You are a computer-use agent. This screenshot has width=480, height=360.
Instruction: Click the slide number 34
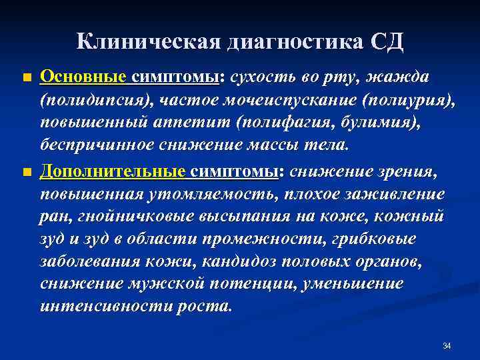(x=447, y=345)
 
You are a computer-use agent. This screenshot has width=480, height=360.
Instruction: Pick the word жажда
(x=401, y=77)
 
